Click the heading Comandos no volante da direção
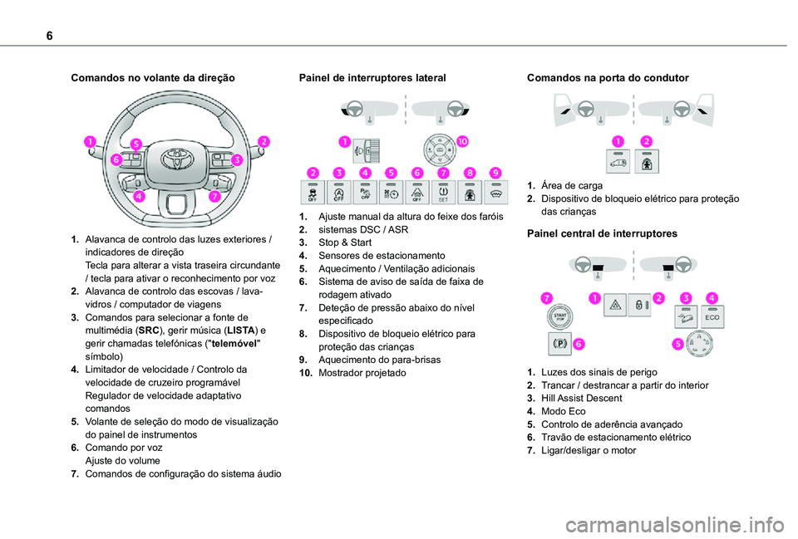point(153,77)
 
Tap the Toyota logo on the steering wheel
point(176,157)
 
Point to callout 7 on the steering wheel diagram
point(214,197)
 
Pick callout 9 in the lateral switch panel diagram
point(495,172)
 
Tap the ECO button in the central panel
point(712,316)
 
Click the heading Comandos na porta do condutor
point(608,77)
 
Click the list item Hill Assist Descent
point(579,399)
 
